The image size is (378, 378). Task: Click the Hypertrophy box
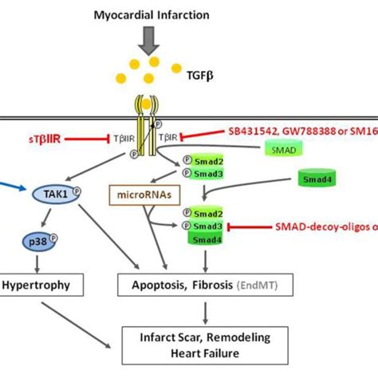coord(33,283)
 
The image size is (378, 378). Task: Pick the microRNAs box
coord(142,192)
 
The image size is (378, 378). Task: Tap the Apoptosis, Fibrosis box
coord(201,283)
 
